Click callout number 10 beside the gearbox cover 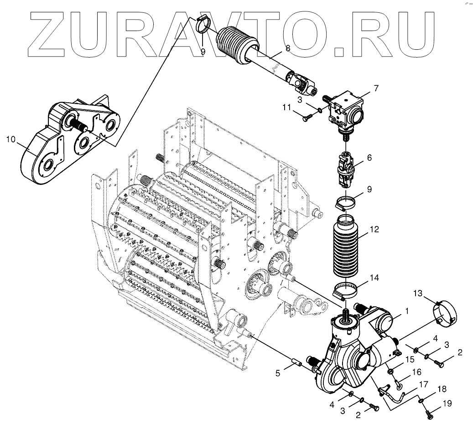coord(11,139)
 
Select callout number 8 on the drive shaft coord(287,48)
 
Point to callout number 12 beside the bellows coord(374,230)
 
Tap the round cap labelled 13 coord(444,315)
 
